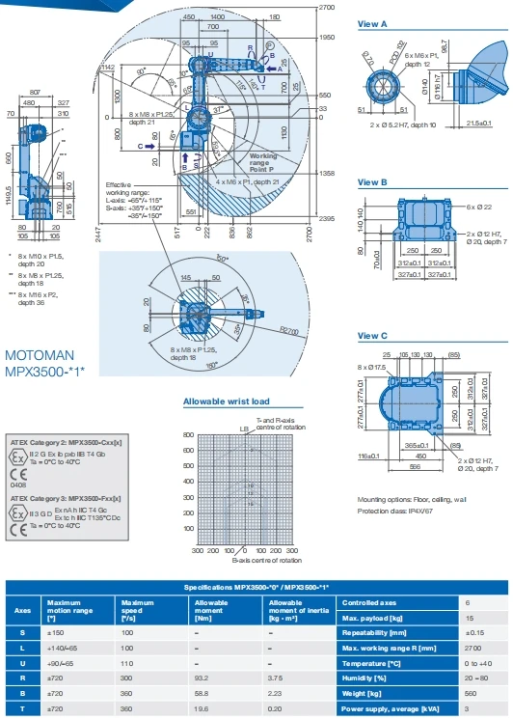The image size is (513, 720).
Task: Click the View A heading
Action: pos(372,22)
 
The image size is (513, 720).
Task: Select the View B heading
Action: pos(372,181)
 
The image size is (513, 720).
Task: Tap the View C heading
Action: pos(372,335)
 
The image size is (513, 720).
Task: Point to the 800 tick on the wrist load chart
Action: pos(188,435)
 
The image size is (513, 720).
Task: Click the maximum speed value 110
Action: pos(126,663)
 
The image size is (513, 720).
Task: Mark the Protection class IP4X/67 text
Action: pos(398,510)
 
